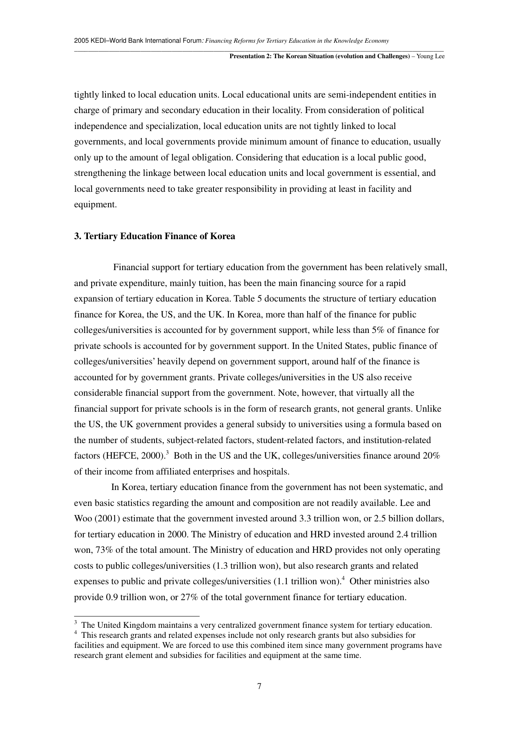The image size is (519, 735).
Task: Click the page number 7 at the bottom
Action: (259, 686)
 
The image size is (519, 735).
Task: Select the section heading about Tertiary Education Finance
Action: (154, 236)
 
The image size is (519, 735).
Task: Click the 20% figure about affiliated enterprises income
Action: (431, 456)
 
